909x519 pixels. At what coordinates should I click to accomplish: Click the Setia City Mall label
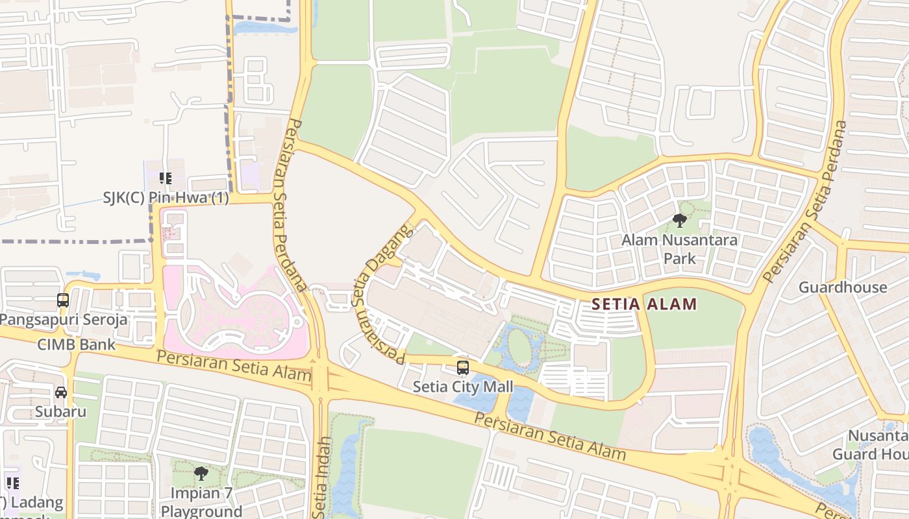pos(463,387)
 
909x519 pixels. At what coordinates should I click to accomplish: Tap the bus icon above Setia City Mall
pos(463,368)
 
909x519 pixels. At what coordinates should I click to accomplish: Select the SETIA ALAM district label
pos(644,304)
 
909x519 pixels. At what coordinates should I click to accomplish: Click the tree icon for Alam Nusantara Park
pos(680,221)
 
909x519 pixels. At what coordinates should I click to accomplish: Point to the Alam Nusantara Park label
pos(680,249)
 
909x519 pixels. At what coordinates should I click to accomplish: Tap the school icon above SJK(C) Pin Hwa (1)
pos(166,178)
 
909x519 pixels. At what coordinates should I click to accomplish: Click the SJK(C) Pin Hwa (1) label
pos(166,198)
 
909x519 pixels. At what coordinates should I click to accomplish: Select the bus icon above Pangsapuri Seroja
pos(63,300)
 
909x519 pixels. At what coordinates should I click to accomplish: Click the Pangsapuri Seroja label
pos(64,320)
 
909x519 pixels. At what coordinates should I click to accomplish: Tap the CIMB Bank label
pos(76,344)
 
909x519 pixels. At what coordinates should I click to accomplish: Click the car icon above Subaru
pos(60,392)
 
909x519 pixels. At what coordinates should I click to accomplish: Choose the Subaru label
pos(60,412)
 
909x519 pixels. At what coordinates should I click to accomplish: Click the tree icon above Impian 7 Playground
pos(201,473)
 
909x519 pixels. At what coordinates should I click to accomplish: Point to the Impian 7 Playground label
pos(201,501)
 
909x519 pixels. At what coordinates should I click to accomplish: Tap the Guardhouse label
pos(842,287)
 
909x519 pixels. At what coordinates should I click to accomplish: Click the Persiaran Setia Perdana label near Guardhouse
pos(806,201)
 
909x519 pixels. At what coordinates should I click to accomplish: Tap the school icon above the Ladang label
pos(12,483)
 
